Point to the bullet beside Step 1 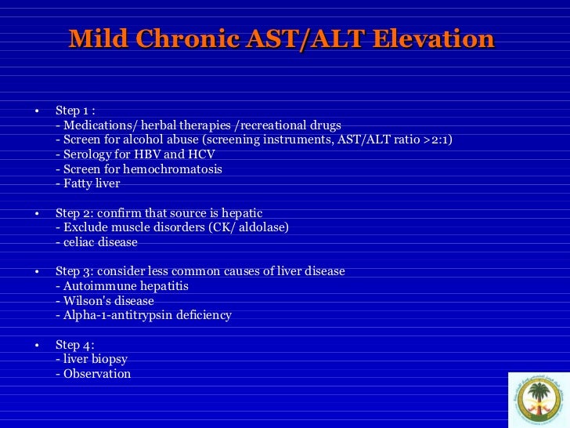[x=36, y=111]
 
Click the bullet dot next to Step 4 [x=36, y=345]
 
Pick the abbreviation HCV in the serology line [x=200, y=154]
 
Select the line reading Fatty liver [x=88, y=183]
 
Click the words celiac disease [x=99, y=242]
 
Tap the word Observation [x=97, y=374]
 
